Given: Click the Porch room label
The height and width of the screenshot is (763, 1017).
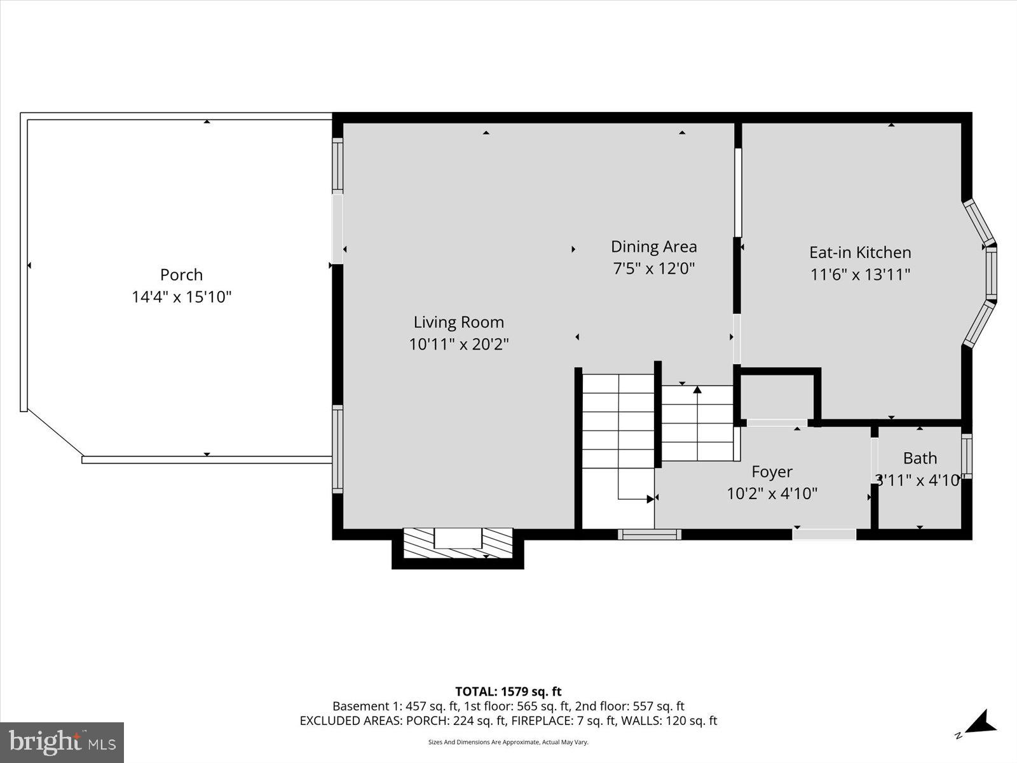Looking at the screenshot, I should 181,275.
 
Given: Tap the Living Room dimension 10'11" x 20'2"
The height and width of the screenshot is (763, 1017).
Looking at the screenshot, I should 458,344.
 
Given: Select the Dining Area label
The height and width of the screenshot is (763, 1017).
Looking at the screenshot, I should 653,247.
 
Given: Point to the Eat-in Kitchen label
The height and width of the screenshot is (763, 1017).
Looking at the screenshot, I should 859,252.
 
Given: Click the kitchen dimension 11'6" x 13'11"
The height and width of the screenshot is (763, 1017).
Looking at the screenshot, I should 859,275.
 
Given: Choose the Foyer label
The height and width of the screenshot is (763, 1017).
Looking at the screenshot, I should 772,472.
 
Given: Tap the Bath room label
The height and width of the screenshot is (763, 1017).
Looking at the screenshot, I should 920,458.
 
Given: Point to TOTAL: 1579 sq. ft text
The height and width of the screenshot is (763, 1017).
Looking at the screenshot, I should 508,691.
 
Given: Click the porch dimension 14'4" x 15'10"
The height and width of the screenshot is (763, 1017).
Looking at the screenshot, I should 181,297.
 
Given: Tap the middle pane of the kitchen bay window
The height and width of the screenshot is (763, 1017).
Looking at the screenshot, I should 990,273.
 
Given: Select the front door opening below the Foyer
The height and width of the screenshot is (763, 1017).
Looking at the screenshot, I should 824,534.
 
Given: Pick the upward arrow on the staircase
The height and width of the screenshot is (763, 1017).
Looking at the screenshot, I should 697,390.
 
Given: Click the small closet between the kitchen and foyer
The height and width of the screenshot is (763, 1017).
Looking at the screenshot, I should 777,396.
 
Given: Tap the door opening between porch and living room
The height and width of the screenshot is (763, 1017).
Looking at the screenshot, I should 338,228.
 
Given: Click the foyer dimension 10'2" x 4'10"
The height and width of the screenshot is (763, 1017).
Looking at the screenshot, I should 772,493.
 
